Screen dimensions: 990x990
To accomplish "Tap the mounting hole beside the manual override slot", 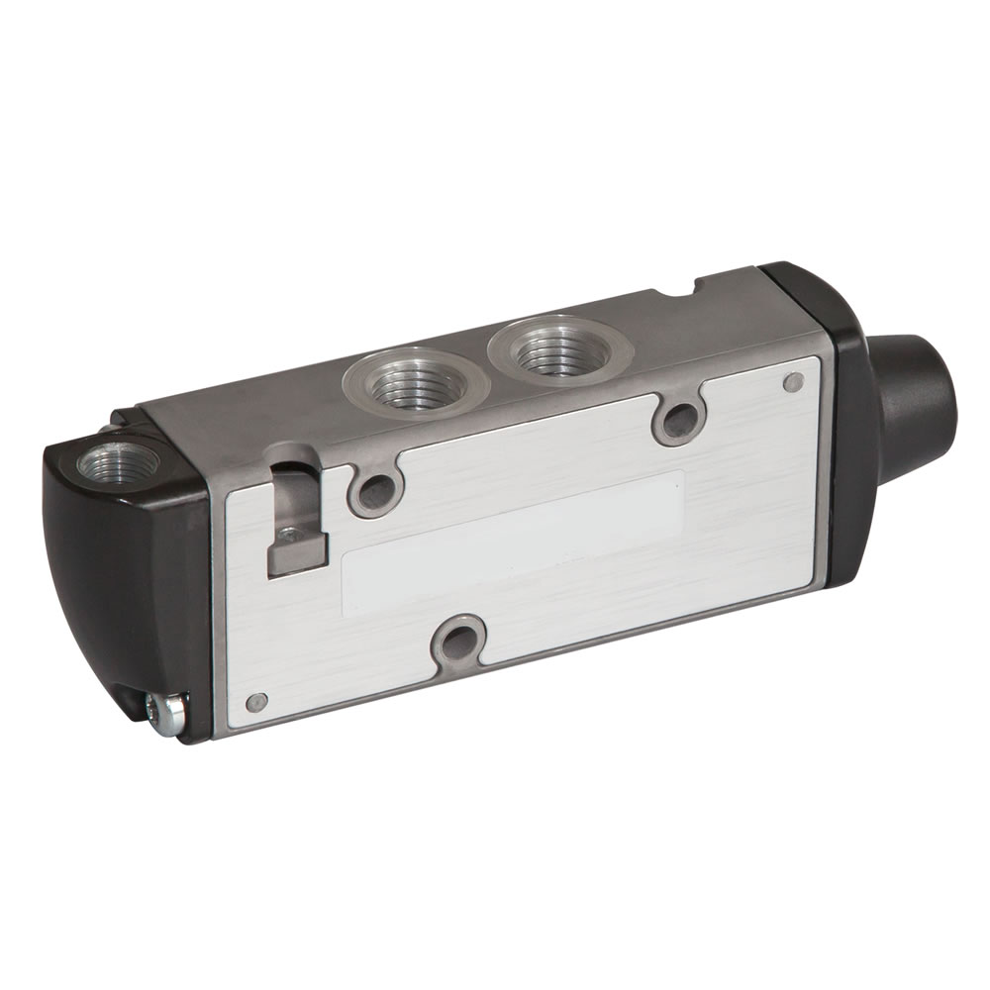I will [374, 487].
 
